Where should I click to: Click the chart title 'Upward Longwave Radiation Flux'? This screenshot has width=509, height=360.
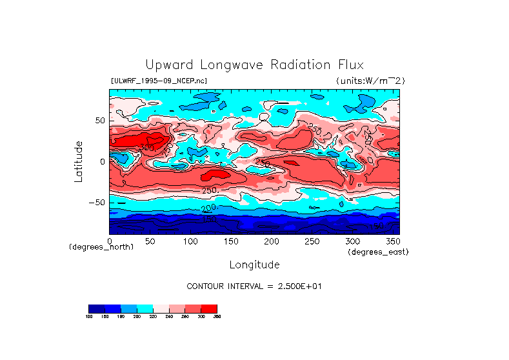[x=254, y=65]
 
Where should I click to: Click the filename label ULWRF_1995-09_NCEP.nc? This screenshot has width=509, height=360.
[x=159, y=81]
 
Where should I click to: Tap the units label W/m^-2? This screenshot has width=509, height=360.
[x=370, y=81]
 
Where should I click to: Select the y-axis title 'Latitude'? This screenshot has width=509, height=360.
[x=79, y=161]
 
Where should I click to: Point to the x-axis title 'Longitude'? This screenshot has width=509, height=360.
[x=254, y=265]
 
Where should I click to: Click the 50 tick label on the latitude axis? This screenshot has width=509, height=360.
[x=99, y=121]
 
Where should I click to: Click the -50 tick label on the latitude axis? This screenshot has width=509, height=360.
[x=97, y=202]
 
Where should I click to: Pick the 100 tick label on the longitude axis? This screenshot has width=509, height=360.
[x=190, y=241]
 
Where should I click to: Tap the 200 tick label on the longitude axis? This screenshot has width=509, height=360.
[x=271, y=241]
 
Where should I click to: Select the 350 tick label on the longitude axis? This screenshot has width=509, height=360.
[x=392, y=241]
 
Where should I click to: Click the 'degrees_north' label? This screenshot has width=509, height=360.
[x=101, y=247]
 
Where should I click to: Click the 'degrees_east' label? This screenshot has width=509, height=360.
[x=378, y=252]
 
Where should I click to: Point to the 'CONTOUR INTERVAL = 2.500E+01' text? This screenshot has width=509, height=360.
[x=254, y=286]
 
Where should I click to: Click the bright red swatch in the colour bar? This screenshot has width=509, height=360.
[x=209, y=308]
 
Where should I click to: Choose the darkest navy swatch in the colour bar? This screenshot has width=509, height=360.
[x=96, y=308]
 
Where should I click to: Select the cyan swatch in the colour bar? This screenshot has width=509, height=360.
[x=145, y=308]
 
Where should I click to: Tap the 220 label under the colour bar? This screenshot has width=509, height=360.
[x=153, y=316]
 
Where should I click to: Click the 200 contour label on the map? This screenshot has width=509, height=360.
[x=208, y=208]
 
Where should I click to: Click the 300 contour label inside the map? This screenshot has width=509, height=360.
[x=146, y=148]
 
